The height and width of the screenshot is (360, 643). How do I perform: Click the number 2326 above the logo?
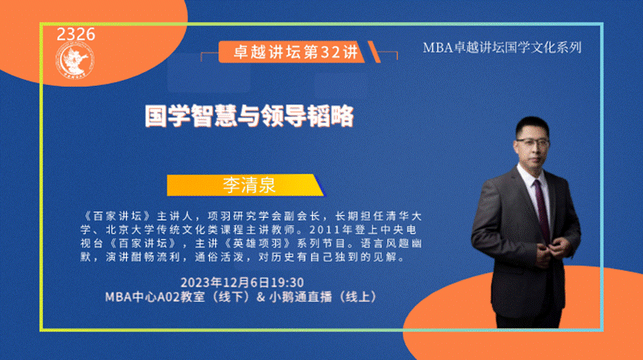76,34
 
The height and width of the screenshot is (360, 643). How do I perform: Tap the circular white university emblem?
75,61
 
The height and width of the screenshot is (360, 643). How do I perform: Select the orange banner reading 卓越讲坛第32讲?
291,52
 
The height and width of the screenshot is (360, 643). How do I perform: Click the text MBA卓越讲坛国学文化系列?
502,47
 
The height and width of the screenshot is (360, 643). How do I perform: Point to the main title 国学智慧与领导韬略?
249,116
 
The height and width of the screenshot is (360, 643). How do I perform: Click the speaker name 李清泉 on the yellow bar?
249,185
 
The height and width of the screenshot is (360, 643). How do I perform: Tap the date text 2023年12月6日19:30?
242,283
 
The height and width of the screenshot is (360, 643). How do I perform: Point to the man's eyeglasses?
533,142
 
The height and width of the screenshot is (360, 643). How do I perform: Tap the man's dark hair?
531,126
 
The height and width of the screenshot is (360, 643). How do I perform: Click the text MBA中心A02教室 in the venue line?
155,297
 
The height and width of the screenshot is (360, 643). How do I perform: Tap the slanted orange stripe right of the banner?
374,52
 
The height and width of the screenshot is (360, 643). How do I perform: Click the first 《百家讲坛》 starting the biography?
116,216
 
